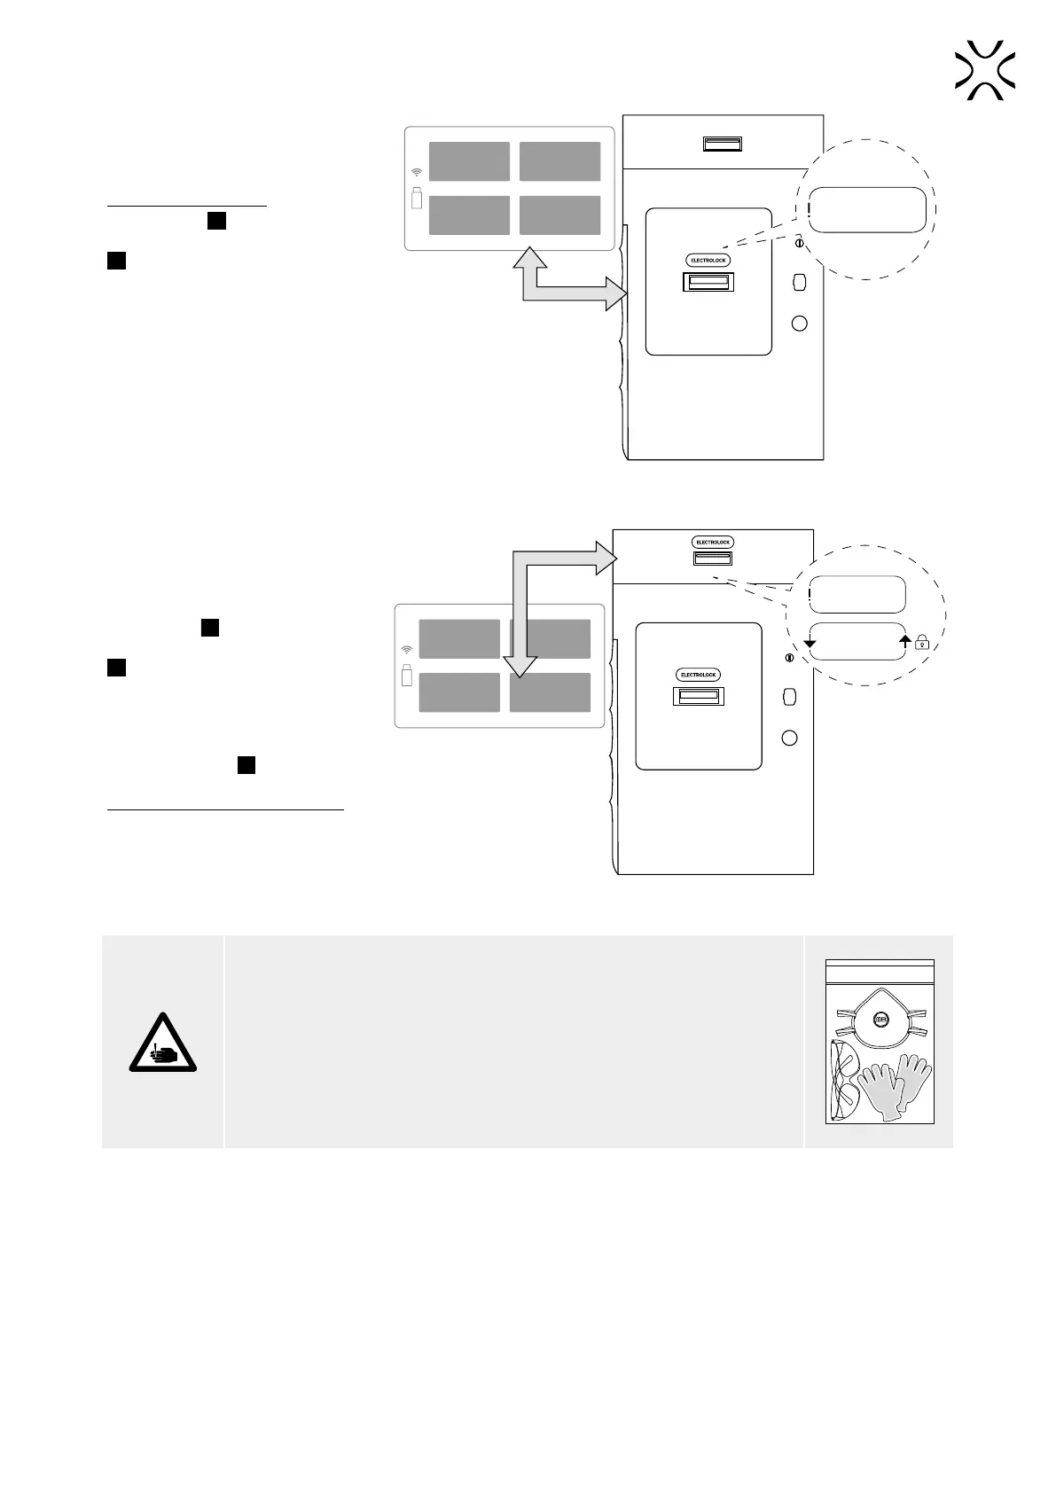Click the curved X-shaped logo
click(985, 69)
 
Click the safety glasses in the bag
click(844, 1080)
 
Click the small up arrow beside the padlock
click(905, 638)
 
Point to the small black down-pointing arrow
click(809, 642)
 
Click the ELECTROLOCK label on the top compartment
click(713, 542)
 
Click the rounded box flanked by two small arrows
click(857, 641)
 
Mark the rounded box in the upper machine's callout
click(870, 209)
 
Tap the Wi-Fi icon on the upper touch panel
click(417, 172)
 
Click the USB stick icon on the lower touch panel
click(407, 675)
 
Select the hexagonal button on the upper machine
click(799, 282)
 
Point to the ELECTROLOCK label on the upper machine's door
click(708, 260)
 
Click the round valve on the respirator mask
click(880, 1020)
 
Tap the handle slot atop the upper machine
click(723, 144)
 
